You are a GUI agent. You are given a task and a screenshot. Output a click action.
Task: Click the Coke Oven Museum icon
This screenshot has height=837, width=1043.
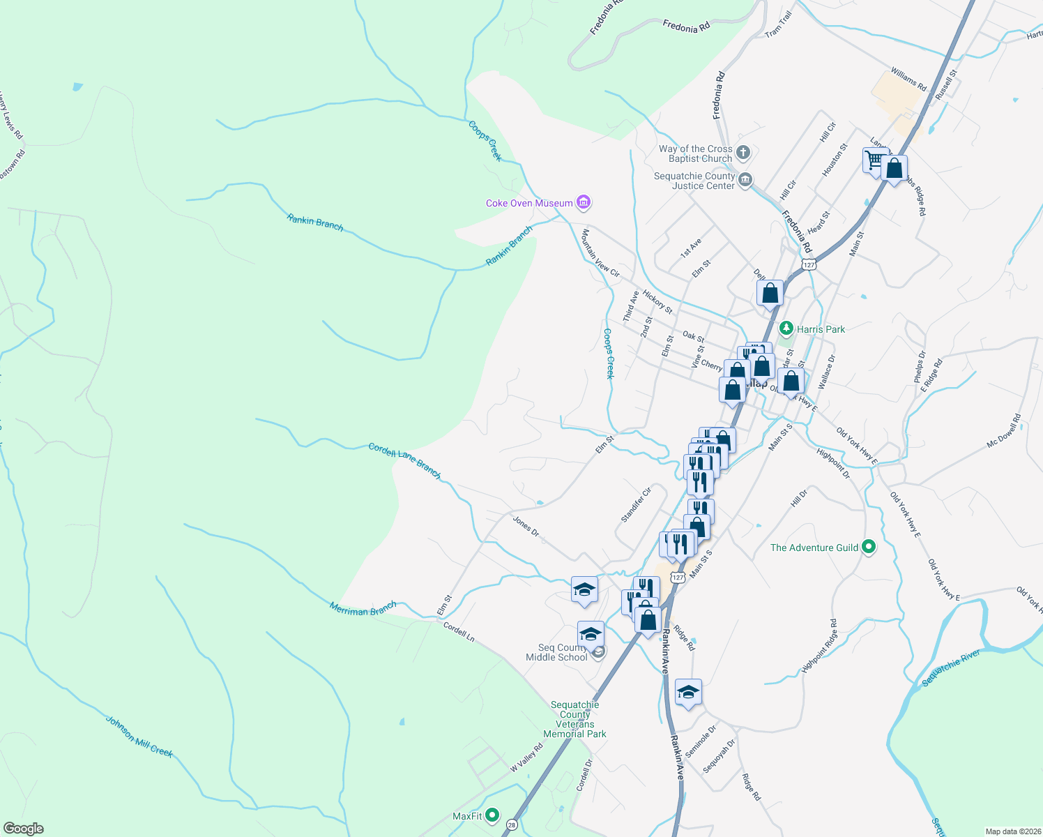pyautogui.click(x=584, y=203)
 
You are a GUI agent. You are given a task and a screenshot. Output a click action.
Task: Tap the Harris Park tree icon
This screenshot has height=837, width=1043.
pyautogui.click(x=786, y=329)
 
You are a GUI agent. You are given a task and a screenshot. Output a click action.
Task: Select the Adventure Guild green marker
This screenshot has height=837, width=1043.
pyautogui.click(x=869, y=547)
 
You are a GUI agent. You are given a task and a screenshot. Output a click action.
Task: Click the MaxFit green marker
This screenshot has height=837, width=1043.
pyautogui.click(x=493, y=815)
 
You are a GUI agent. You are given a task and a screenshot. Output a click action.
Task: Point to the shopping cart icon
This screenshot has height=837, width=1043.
pyautogui.click(x=874, y=160)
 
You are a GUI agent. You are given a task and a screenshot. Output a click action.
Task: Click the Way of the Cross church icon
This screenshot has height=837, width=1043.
pyautogui.click(x=743, y=153)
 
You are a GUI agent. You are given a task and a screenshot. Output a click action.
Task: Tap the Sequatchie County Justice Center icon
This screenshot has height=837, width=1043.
pyautogui.click(x=745, y=181)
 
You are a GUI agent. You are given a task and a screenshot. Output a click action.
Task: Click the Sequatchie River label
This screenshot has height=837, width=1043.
pyautogui.click(x=951, y=668)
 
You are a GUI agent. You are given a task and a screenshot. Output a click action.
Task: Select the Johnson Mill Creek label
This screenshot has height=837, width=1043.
pyautogui.click(x=139, y=736)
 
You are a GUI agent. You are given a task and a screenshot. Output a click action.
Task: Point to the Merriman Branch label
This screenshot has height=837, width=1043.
pyautogui.click(x=363, y=608)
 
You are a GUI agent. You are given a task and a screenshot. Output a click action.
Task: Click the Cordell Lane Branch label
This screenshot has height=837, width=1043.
pyautogui.click(x=404, y=461)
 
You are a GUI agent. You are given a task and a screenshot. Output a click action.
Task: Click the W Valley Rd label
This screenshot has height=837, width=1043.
pyautogui.click(x=526, y=757)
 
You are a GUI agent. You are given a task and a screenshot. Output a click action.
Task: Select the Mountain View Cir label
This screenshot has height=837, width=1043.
pyautogui.click(x=600, y=252)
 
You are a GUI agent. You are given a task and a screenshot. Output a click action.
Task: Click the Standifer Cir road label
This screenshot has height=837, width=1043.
pyautogui.click(x=636, y=504)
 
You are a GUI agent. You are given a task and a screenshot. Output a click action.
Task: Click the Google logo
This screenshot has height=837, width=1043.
pyautogui.click(x=23, y=828)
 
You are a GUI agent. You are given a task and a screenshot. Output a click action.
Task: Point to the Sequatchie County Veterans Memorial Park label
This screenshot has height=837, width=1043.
pyautogui.click(x=574, y=719)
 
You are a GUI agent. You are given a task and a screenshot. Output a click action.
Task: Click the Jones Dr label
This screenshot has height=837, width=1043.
pyautogui.click(x=526, y=526)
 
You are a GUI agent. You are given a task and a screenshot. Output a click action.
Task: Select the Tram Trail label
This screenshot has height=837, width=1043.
pyautogui.click(x=779, y=24)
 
